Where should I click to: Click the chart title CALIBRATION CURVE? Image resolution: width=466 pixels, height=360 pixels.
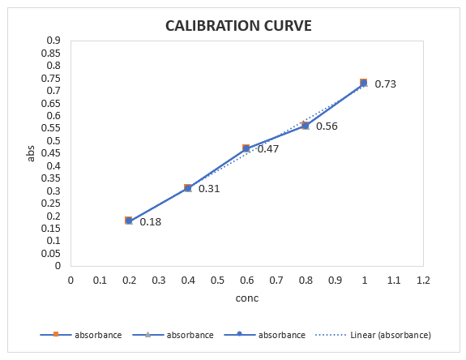(x=238, y=26)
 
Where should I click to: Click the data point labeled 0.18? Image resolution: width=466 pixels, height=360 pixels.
(x=129, y=221)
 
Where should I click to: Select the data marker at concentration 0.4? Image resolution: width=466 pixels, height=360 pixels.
(x=187, y=188)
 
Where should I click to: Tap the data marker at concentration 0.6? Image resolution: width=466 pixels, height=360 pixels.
(x=246, y=148)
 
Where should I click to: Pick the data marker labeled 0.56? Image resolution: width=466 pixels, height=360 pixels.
(x=306, y=126)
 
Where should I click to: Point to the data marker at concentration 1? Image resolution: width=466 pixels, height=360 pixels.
(x=363, y=83)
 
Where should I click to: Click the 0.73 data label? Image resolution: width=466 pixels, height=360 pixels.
(x=386, y=84)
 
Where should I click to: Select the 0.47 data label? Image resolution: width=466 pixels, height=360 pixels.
(x=268, y=148)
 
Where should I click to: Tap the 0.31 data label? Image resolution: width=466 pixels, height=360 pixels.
(x=209, y=188)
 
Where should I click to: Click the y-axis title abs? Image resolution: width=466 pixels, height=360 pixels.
(x=31, y=153)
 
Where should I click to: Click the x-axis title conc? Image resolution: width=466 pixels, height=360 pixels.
(x=247, y=298)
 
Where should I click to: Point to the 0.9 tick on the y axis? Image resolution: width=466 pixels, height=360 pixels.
(x=53, y=40)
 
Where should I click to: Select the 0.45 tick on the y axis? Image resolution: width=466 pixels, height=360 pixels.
(x=51, y=153)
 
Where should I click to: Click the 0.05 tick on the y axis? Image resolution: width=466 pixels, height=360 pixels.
(x=51, y=253)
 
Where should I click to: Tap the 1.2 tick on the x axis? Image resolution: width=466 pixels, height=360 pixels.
(x=423, y=280)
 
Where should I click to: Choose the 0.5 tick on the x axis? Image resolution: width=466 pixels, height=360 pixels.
(x=217, y=280)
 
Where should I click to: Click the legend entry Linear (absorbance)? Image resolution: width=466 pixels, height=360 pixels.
(x=391, y=335)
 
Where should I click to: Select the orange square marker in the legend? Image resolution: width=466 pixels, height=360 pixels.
(x=56, y=334)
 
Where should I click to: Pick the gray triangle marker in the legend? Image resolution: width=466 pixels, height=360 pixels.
(x=147, y=334)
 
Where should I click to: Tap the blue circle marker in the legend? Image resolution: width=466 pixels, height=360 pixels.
(x=240, y=334)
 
